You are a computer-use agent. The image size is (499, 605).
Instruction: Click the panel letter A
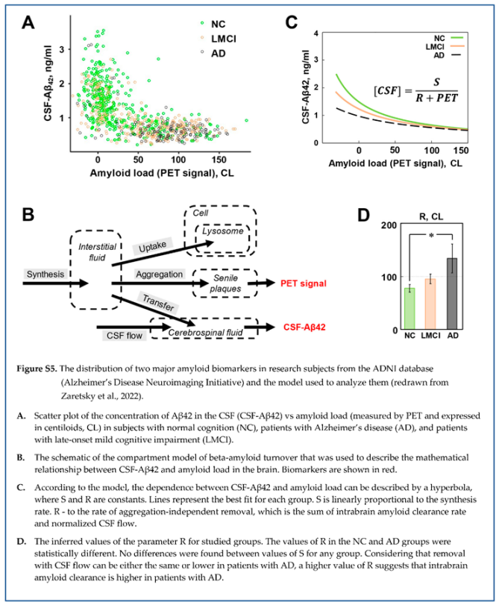tap(29, 23)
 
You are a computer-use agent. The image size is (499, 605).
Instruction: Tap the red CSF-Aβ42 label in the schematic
tap(308, 327)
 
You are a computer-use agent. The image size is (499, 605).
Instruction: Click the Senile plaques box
tap(219, 283)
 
